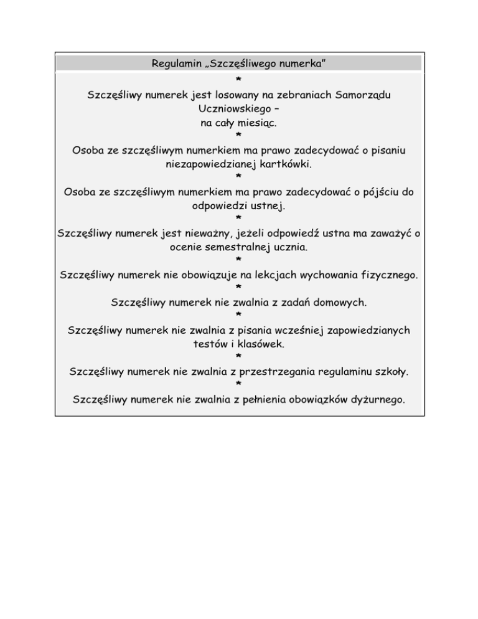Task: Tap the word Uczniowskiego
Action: pos(230,110)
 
